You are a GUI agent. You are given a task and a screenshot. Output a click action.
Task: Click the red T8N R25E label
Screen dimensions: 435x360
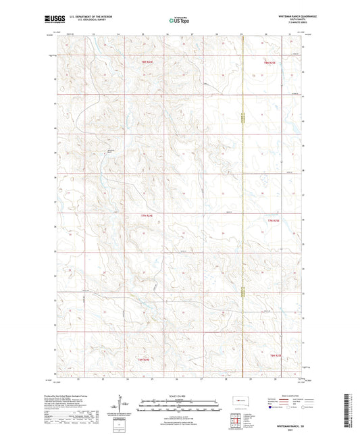(270, 62)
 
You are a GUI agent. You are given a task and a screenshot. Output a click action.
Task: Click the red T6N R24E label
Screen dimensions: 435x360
(151, 359)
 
